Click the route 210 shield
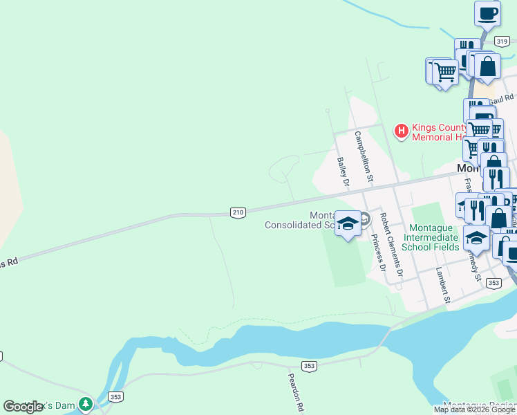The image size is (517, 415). pyautogui.click(x=238, y=213)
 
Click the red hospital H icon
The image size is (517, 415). pyautogui.click(x=401, y=130)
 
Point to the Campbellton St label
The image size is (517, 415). pyautogui.click(x=364, y=156)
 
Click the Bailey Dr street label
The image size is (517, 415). pyautogui.click(x=344, y=172)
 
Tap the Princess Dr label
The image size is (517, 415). pyautogui.click(x=378, y=252)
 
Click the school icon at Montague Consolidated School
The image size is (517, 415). pyautogui.click(x=348, y=223)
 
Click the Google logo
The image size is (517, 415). pyautogui.click(x=23, y=407)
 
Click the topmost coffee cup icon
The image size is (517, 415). pyautogui.click(x=488, y=13)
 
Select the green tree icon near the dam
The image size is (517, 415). pyautogui.click(x=85, y=403)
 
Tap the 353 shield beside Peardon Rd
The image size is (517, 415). pyautogui.click(x=309, y=365)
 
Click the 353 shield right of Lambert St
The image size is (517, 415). pyautogui.click(x=493, y=282)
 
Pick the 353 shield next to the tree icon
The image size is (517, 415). pyautogui.click(x=115, y=397)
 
